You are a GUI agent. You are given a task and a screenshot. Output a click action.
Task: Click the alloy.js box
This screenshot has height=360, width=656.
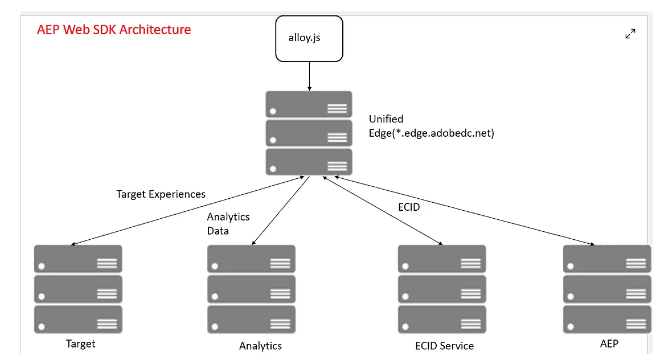309,38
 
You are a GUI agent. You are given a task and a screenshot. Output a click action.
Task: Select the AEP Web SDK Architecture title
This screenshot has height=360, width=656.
114,30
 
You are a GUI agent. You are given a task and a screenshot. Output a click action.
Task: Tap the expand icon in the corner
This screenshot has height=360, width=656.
630,34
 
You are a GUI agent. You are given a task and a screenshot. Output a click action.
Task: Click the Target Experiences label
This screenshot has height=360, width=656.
161,194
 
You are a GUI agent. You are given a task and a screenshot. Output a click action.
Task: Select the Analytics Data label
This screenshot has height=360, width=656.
228,224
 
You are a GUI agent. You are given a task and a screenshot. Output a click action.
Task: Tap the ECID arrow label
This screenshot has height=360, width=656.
409,207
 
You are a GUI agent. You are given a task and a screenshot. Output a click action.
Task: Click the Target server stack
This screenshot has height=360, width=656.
78,289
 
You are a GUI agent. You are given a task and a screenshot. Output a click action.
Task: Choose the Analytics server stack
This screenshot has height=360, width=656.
251,289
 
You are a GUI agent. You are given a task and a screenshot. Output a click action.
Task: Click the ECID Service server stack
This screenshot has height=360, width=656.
441,289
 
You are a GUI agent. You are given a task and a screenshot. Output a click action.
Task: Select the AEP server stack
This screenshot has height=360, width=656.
606,289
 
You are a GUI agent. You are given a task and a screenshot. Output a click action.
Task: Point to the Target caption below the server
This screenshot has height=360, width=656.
80,343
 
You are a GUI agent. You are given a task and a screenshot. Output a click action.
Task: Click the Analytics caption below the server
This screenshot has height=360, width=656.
260,346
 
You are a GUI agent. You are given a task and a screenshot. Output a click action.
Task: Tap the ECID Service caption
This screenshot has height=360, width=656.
444,346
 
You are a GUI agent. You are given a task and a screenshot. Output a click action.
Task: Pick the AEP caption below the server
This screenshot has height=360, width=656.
609,343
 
